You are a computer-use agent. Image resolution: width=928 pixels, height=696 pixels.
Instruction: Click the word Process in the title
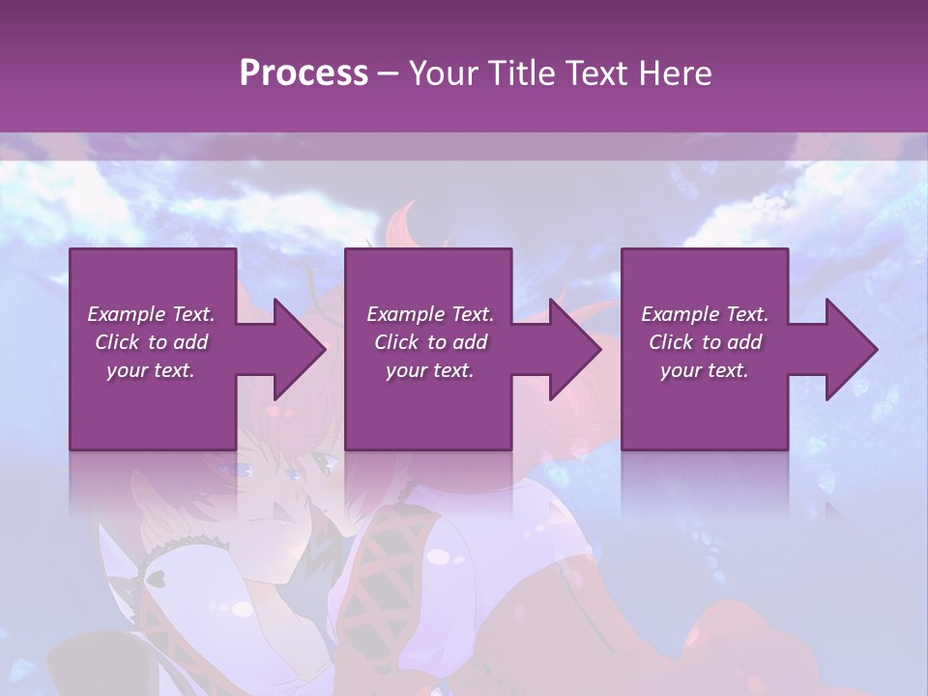(x=304, y=73)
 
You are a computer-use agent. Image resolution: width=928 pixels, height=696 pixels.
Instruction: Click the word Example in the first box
(x=125, y=314)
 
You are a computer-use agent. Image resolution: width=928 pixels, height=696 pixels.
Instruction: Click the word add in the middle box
(x=470, y=342)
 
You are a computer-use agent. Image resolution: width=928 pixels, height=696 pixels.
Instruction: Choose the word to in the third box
(x=711, y=342)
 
